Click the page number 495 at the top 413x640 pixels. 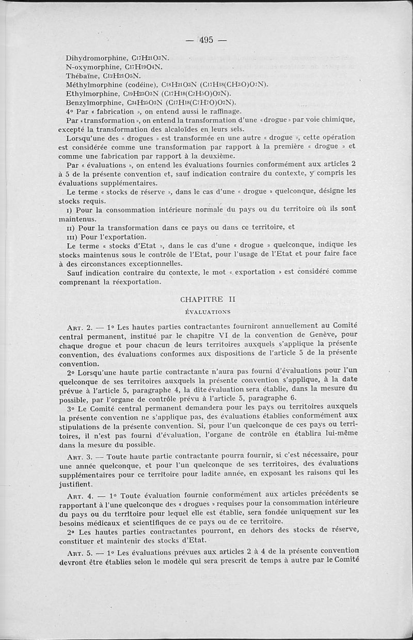pos(206,40)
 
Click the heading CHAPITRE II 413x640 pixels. pos(201,299)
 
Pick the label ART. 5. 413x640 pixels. pos(80,552)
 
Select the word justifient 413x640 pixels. pos(75,484)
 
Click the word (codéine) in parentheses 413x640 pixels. pos(139,85)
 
